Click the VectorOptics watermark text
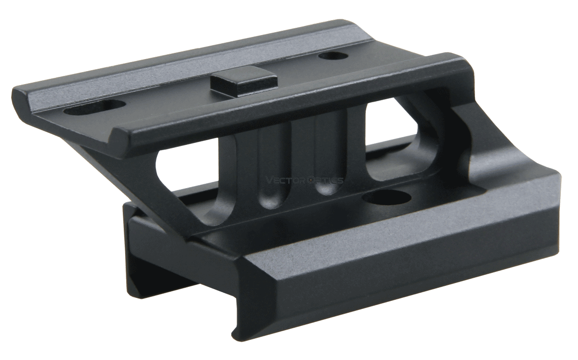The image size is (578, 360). [x=304, y=180]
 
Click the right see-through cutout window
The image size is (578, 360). [x=390, y=140]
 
